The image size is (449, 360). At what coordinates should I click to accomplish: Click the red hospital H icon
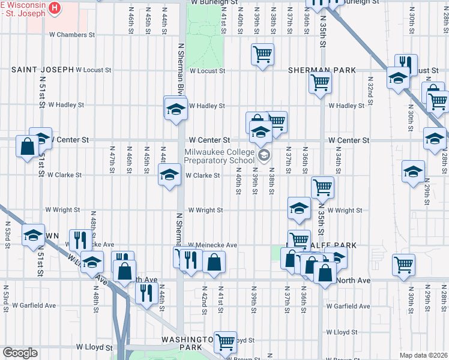click(55, 7)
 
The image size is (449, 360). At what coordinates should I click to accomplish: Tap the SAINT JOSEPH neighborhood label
click(41, 70)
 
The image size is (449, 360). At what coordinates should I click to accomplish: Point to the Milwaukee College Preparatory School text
click(219, 157)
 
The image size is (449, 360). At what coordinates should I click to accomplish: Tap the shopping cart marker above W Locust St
click(263, 55)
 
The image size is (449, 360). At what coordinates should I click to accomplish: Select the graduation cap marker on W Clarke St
click(169, 175)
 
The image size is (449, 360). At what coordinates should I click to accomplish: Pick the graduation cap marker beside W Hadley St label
click(175, 109)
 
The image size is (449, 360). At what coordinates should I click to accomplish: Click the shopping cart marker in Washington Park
click(226, 342)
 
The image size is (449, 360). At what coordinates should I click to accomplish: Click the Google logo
click(19, 353)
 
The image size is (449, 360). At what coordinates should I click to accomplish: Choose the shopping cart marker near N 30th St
click(403, 263)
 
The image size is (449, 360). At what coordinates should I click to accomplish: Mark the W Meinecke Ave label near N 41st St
click(212, 245)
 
